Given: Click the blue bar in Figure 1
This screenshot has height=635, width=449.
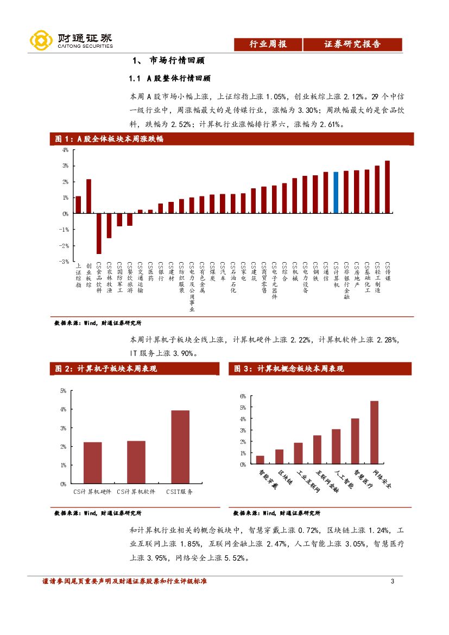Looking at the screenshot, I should [x=336, y=193].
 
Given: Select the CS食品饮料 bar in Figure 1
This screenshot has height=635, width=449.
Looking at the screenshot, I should [x=99, y=233].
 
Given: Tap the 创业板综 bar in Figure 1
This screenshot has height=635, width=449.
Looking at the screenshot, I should [x=88, y=196].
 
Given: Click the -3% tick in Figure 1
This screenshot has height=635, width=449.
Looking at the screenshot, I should [x=65, y=262].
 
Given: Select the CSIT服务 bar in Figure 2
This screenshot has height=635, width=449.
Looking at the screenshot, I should [x=180, y=447].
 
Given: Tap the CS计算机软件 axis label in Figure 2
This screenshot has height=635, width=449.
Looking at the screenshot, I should [x=136, y=492].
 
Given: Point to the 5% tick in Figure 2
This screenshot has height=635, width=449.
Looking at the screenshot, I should [x=63, y=391].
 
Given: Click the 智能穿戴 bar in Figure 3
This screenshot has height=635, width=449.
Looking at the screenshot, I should [x=260, y=460].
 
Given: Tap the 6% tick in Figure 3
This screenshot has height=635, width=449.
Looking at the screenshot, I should [x=243, y=396].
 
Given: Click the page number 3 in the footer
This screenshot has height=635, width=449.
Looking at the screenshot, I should [x=392, y=582].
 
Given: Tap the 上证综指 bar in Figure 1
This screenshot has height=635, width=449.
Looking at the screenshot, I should [x=78, y=205].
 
